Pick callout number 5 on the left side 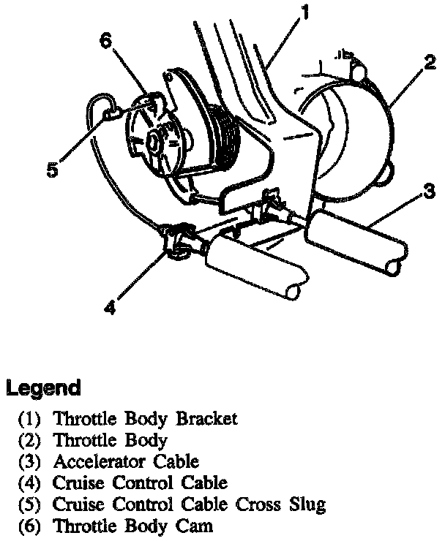click(x=52, y=171)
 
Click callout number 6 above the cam click(x=107, y=42)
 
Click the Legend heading click(x=43, y=387)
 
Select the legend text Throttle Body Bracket click(x=146, y=420)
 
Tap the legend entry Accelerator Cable click(x=126, y=462)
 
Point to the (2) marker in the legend click(x=31, y=441)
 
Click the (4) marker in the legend click(x=31, y=483)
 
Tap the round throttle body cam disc click(x=157, y=139)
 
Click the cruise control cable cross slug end click(x=109, y=113)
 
